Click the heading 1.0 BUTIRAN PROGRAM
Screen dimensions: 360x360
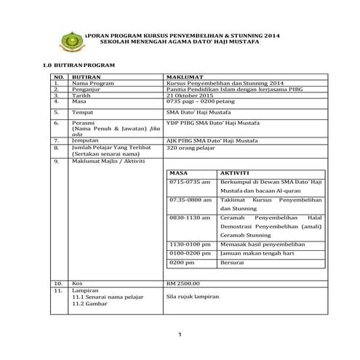80,65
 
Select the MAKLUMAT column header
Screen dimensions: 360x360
184,76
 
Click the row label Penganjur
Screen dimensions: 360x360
87,89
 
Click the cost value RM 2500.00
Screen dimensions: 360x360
188,281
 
